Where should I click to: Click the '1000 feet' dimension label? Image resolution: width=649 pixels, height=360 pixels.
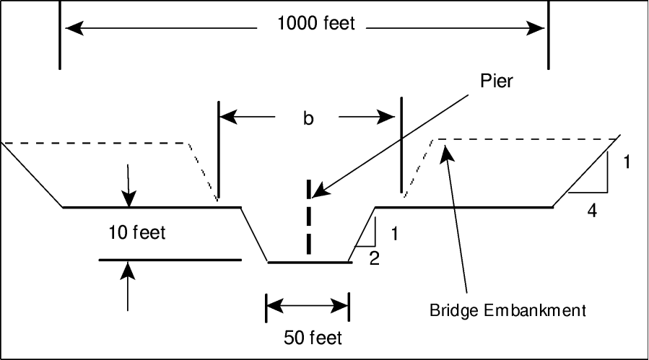coord(316,24)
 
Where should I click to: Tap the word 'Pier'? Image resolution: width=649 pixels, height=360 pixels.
coord(498,81)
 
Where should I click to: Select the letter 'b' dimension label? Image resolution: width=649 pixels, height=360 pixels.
coord(308,119)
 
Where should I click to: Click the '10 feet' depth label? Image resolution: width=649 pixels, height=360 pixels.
coord(136,232)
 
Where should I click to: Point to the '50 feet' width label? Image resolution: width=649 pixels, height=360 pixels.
coord(312,338)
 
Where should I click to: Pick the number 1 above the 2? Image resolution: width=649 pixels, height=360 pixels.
coord(393,234)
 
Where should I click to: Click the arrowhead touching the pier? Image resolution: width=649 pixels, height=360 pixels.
coord(319,192)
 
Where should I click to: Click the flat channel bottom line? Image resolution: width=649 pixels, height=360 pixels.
coord(310,262)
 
